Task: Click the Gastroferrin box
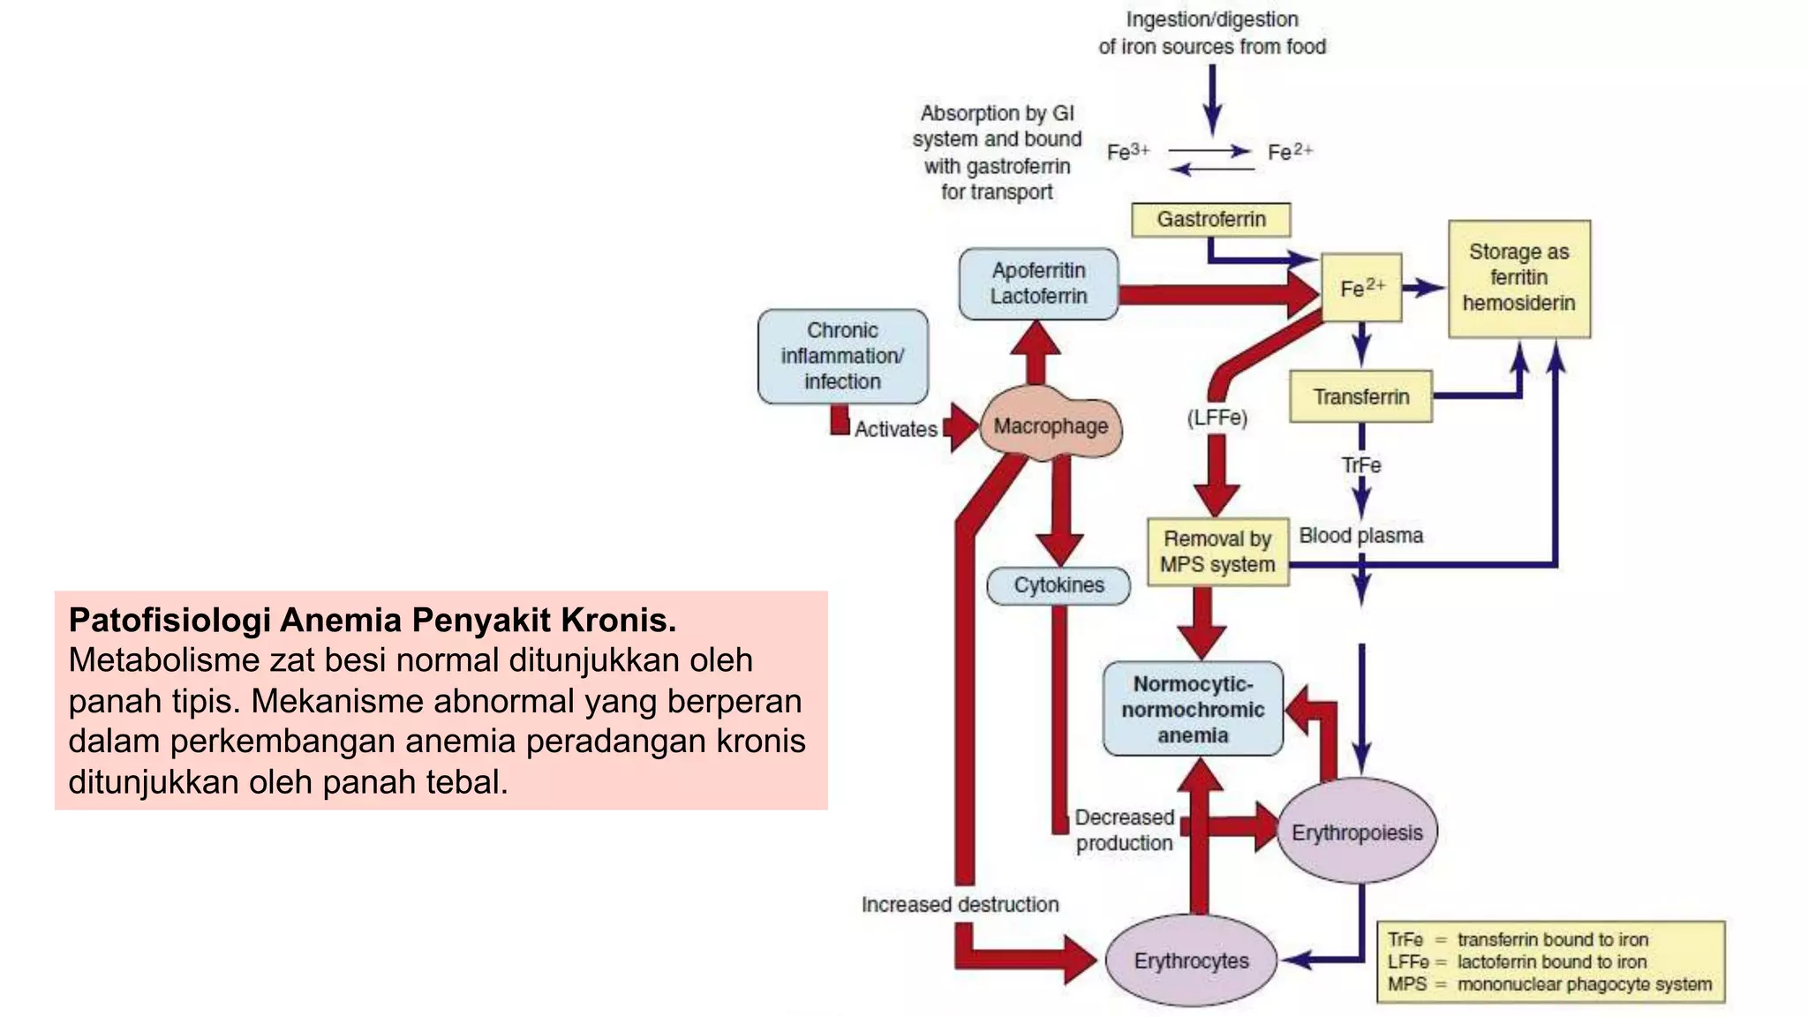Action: tap(1210, 219)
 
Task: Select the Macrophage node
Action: tap(1051, 426)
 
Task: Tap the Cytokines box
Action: tap(1058, 585)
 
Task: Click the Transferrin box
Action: tap(1360, 397)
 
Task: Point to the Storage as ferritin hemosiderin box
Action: tap(1518, 278)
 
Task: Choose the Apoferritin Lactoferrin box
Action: tap(1038, 283)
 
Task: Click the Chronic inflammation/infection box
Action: tap(842, 356)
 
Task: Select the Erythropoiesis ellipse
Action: tap(1357, 832)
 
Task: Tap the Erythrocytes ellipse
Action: tap(1191, 960)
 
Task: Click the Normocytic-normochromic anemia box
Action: tap(1193, 710)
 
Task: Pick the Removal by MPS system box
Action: tap(1217, 552)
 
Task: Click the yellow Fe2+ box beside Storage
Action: tap(1360, 288)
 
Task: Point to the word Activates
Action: tap(895, 430)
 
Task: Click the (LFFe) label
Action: tap(1217, 418)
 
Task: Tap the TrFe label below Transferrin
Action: tap(1360, 465)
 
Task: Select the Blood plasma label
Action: tap(1360, 536)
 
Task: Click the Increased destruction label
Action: tap(960, 905)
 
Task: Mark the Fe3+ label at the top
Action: tap(1128, 152)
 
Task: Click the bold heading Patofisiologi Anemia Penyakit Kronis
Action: tap(372, 620)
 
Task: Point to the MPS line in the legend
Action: tap(1548, 984)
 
